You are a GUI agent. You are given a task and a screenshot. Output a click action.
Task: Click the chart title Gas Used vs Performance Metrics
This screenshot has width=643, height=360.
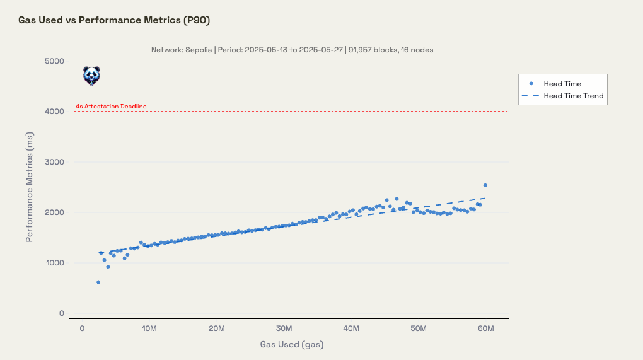114,20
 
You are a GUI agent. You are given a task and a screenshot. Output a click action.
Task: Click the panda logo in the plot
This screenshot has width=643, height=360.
91,76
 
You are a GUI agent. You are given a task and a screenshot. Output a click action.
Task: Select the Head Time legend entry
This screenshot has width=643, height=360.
562,83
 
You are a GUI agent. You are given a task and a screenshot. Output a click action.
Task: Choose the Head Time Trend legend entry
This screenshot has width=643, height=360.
574,96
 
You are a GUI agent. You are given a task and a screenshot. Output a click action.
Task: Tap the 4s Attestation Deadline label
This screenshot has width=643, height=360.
111,107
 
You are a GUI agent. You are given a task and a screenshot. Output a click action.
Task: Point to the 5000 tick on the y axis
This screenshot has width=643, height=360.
54,61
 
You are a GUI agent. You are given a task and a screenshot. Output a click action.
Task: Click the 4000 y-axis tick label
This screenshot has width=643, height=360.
54,112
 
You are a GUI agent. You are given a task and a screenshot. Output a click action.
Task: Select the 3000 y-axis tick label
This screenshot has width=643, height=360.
54,162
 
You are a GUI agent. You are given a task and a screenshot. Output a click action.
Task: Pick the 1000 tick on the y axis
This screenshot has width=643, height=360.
54,263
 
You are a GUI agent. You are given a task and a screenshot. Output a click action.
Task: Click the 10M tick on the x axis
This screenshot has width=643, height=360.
149,328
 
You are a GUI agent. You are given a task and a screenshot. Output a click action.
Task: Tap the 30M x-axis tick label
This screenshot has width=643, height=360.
284,328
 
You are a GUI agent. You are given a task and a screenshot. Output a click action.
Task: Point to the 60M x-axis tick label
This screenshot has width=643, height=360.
486,328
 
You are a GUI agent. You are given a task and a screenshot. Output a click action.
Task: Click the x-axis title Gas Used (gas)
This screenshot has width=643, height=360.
291,345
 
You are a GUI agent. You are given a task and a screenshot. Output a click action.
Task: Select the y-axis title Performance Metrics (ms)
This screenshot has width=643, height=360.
30,187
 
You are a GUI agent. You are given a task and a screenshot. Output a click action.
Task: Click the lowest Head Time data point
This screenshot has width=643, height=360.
98,282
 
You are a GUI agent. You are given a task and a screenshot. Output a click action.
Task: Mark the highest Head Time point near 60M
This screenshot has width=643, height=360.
485,185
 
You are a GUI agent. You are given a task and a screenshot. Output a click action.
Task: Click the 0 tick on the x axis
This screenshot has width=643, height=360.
82,328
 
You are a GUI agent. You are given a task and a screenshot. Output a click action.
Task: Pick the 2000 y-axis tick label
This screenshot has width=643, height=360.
54,212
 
